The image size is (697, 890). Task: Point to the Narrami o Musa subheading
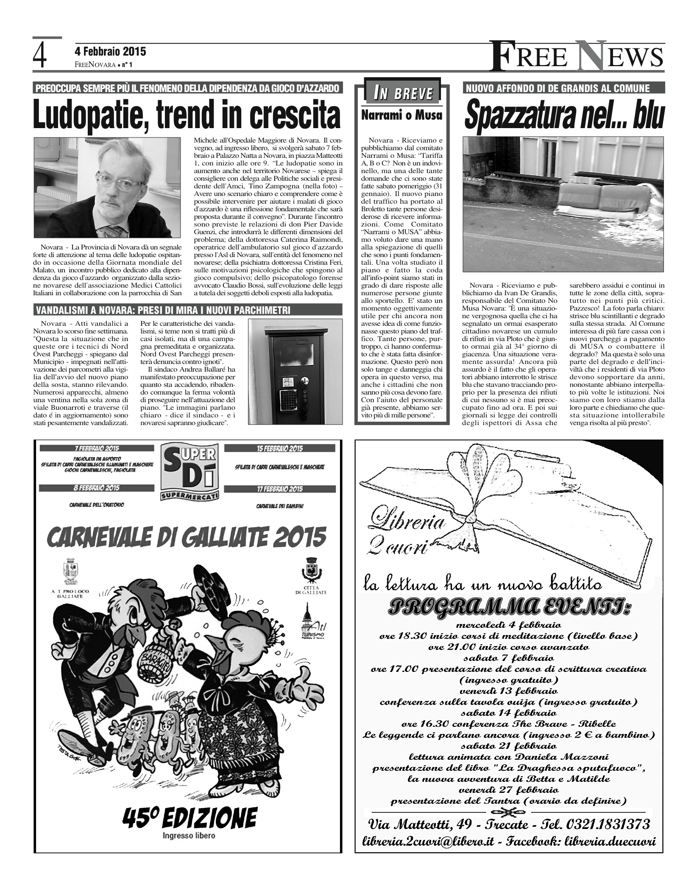point(401,115)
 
